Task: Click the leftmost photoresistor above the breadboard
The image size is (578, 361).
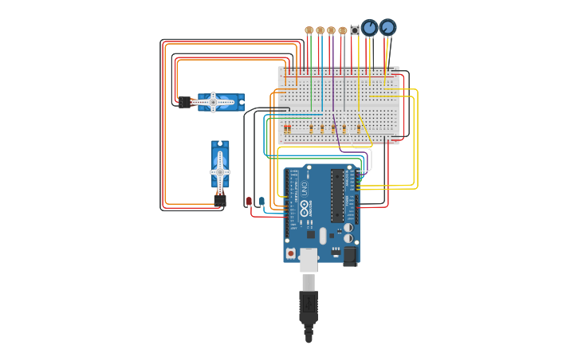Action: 309,30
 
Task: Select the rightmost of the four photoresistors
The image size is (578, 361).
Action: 343,30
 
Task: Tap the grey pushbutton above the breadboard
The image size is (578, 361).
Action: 355,30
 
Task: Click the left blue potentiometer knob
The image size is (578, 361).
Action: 369,28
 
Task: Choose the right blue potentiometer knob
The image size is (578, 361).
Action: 387,27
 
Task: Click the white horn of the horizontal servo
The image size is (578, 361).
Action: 213,102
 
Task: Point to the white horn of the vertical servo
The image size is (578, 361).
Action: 220,171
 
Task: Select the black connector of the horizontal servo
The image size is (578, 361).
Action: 184,102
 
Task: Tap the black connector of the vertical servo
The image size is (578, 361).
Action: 220,200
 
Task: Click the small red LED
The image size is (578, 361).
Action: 250,202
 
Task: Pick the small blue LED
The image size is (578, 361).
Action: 261,202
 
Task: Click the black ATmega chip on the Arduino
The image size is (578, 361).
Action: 337,195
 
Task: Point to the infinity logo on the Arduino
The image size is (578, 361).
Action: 304,209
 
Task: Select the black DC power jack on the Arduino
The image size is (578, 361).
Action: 350,256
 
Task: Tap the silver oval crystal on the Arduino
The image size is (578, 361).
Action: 323,236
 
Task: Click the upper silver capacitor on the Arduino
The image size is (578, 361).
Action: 348,227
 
